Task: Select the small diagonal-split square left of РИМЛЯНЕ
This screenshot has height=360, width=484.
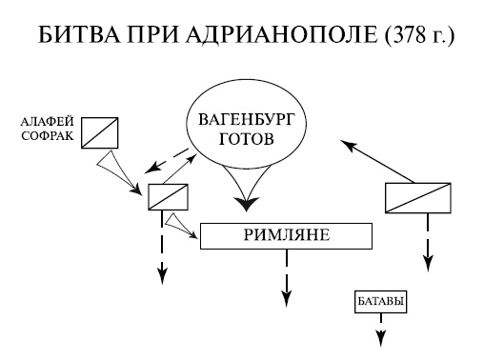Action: tap(168, 195)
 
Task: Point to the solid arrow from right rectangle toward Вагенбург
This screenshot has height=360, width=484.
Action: tap(377, 161)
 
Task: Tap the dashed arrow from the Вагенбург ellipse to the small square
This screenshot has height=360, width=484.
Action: tap(169, 159)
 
